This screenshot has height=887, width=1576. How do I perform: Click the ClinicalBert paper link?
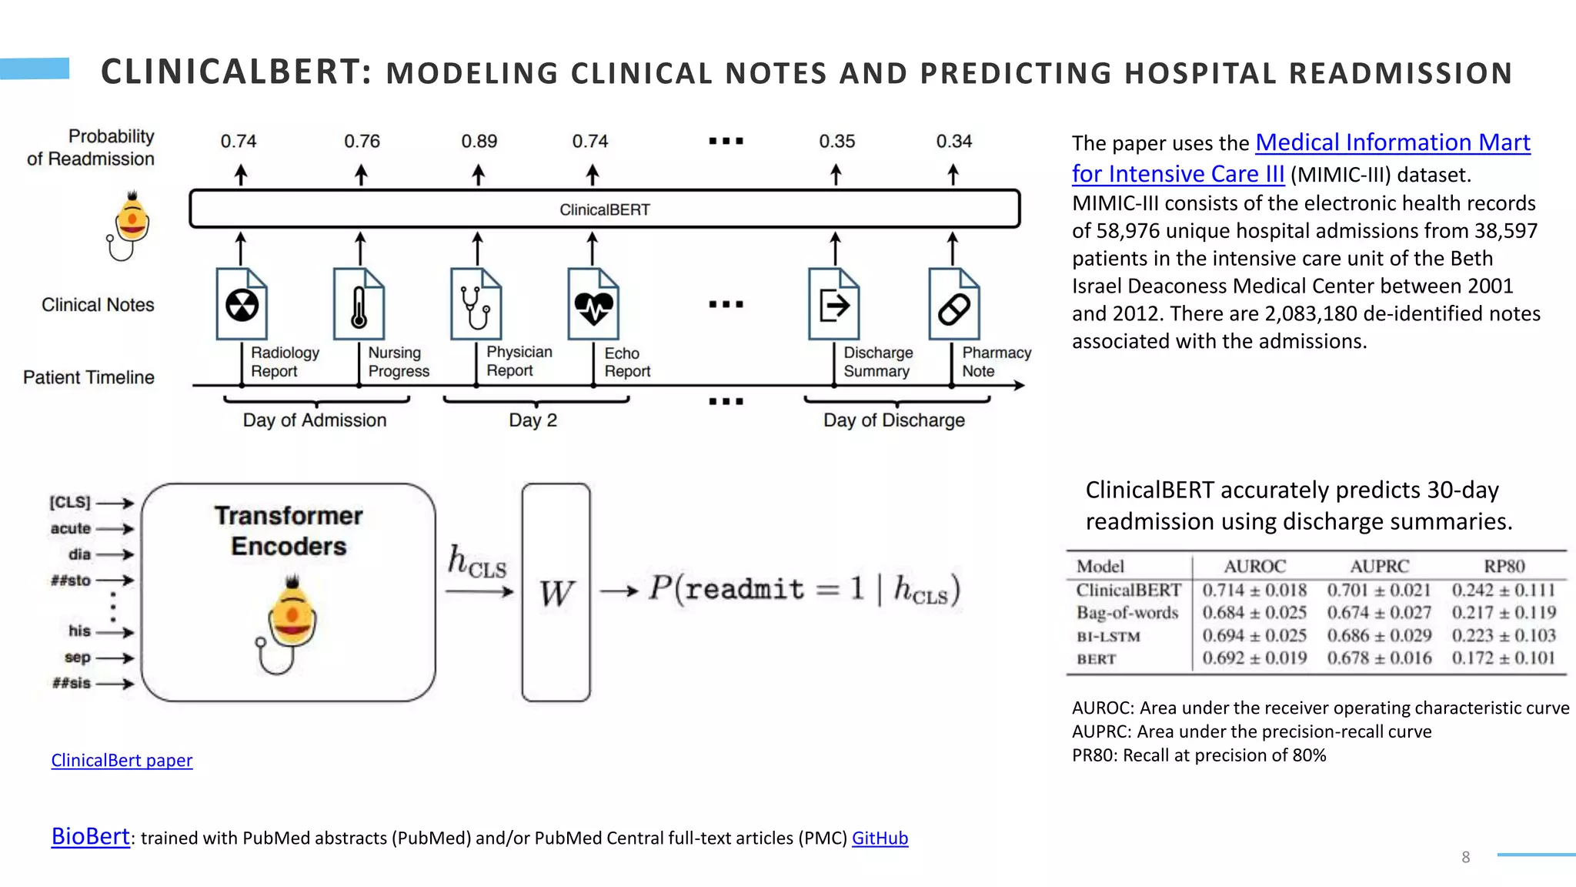(122, 761)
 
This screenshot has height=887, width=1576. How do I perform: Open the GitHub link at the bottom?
(880, 838)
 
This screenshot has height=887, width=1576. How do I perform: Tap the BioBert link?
(90, 837)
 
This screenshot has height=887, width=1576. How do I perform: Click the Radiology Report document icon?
(242, 305)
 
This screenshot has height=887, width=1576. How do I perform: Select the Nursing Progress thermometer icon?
(359, 305)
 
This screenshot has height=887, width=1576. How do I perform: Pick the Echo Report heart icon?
(593, 305)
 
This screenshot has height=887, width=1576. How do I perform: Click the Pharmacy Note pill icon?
(953, 305)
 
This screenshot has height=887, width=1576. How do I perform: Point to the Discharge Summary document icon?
(833, 305)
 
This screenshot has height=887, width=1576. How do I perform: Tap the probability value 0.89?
(479, 142)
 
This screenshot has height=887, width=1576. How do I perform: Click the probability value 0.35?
(836, 142)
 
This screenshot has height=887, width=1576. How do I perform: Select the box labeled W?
(556, 592)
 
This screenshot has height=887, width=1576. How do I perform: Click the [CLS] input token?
(70, 503)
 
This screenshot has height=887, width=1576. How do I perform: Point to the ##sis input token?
(72, 683)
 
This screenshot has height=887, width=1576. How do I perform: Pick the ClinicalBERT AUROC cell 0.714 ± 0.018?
(1254, 591)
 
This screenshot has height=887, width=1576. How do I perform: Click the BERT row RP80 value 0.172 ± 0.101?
(1503, 658)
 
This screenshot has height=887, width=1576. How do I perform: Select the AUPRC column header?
(1379, 567)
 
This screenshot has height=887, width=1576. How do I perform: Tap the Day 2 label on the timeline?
(533, 420)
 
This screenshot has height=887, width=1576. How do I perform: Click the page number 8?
(1465, 857)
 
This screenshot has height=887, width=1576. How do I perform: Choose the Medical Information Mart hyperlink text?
(1392, 143)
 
